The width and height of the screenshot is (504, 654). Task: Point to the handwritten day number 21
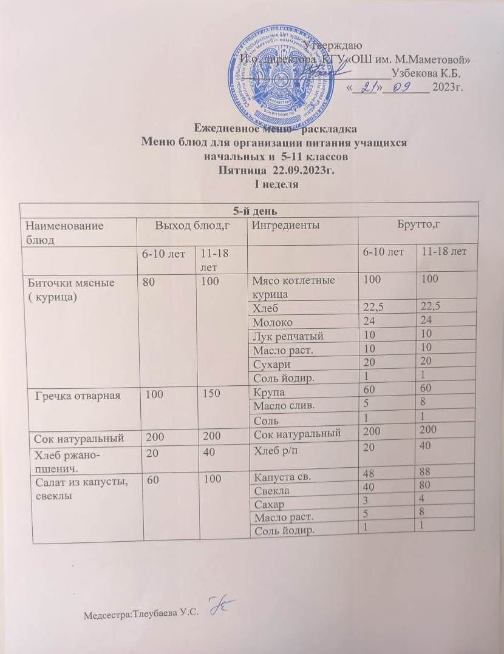pyautogui.click(x=366, y=88)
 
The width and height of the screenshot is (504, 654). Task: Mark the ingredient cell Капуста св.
pyautogui.click(x=279, y=476)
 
